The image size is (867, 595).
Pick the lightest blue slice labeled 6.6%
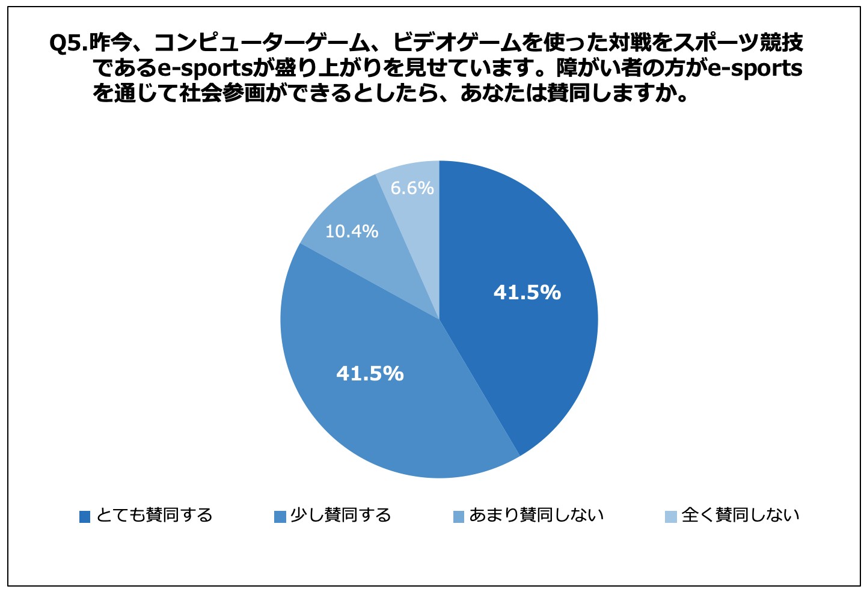pos(415,210)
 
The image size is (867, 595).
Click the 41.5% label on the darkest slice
pos(527,292)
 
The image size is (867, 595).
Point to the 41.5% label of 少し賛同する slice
pos(370,374)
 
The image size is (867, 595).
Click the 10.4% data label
pos(352,231)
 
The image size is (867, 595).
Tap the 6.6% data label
pos(412,188)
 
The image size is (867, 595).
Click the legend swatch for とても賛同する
pos(85,516)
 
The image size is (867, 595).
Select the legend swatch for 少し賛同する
pos(280,516)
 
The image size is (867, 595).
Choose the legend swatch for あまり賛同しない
pos(459,516)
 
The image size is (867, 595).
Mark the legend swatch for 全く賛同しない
pos(671,516)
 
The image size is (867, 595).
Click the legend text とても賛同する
pos(155,515)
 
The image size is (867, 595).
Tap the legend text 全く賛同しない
pos(740,515)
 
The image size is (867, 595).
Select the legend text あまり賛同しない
pos(536,515)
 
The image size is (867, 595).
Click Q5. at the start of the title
pos(69,43)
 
